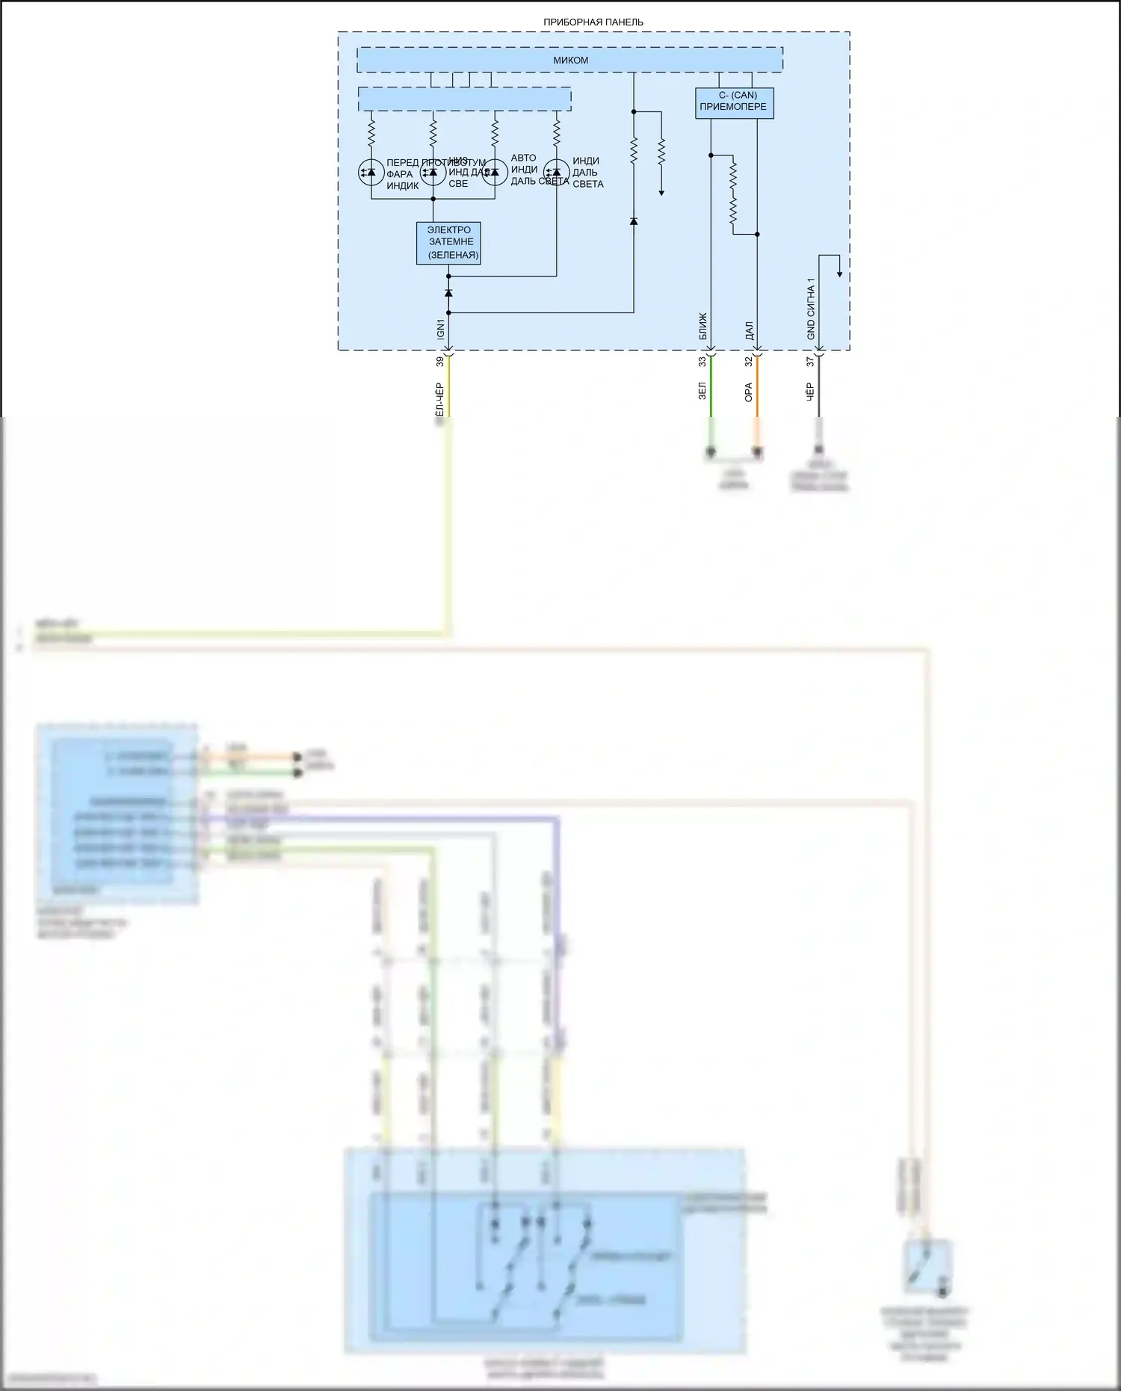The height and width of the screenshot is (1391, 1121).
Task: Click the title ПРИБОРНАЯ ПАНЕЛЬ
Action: pos(593,22)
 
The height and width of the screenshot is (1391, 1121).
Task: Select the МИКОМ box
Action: pos(569,60)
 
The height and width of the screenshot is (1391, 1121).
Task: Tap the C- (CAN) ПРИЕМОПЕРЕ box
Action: pos(734,103)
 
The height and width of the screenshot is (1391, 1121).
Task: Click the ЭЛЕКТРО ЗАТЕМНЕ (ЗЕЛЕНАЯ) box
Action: pos(448,243)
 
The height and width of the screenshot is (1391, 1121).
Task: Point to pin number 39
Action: pos(440,362)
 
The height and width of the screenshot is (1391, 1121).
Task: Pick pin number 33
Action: pos(702,362)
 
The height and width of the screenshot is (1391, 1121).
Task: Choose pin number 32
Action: pos(748,362)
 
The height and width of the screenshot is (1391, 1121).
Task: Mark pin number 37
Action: pos(810,362)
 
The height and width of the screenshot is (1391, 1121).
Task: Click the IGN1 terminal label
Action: pos(440,329)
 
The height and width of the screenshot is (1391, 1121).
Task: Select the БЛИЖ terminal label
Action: pos(702,327)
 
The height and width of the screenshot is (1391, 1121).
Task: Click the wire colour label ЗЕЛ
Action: pos(702,391)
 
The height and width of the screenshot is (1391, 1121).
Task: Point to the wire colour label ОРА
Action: pos(748,392)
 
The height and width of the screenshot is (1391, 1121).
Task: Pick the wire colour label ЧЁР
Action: pos(809,392)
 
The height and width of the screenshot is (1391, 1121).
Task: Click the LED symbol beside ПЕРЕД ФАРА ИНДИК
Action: pos(371,173)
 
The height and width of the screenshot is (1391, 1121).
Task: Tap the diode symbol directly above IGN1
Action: pos(448,293)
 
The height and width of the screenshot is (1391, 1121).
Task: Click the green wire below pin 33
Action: pos(711,389)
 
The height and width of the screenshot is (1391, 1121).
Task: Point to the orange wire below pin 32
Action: pos(757,389)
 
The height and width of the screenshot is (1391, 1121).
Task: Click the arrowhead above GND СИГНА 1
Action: pos(839,274)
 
